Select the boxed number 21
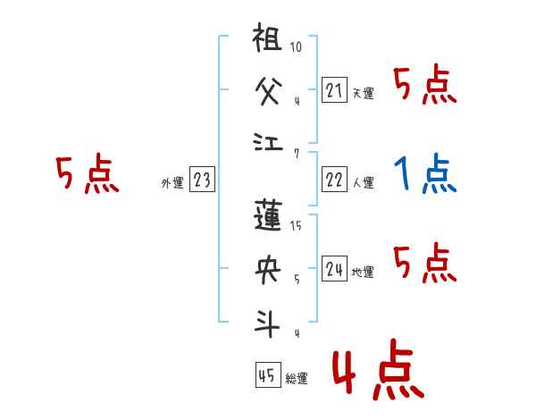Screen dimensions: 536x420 334,89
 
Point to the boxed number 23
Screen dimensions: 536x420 202,181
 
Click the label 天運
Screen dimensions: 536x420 363,93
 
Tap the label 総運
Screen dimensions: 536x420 297,379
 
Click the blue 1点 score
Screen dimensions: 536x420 424,175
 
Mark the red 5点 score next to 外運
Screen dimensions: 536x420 88,174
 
